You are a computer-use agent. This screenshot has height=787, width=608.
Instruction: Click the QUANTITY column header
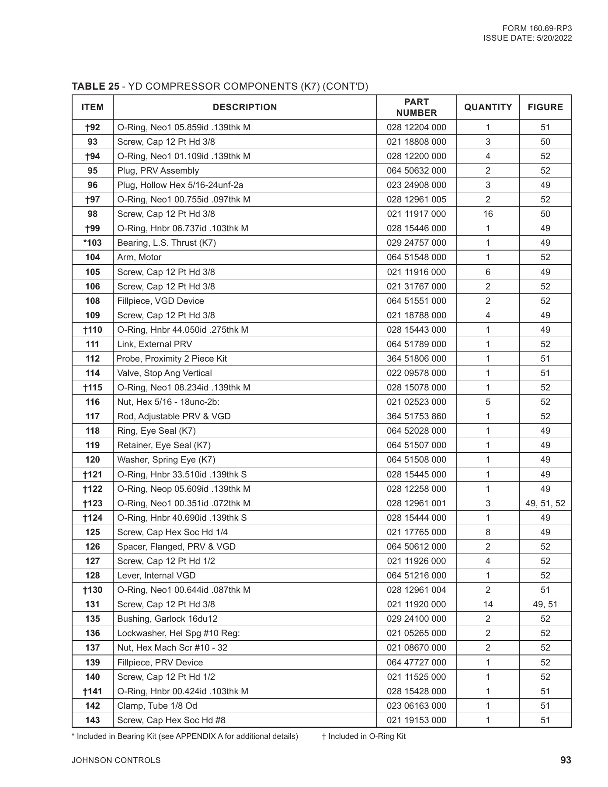coord(488,107)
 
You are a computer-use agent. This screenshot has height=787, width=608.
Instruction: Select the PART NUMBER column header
coord(416,107)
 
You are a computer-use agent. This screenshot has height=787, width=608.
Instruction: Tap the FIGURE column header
coord(545,107)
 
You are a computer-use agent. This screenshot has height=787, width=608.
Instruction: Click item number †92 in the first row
coord(93,127)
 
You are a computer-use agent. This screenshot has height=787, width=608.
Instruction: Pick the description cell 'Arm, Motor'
coord(139,257)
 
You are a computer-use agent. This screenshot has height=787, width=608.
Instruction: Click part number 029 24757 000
coord(416,243)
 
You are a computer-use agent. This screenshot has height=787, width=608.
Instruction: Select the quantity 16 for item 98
coord(488,214)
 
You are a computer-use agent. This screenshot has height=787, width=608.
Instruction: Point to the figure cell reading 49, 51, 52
coord(545,503)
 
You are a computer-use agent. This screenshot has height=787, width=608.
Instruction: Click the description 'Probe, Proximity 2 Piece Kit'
coord(171,359)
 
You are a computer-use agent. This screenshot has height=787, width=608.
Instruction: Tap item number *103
coord(93,243)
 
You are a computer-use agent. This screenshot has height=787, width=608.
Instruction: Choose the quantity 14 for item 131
coord(488,604)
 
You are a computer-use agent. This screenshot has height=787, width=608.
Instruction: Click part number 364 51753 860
coord(416,416)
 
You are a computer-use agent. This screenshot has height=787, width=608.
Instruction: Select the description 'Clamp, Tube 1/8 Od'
coord(157,706)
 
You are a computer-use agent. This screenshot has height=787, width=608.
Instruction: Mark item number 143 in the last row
coord(93,720)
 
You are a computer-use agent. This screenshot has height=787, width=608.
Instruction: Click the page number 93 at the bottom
coord(566,760)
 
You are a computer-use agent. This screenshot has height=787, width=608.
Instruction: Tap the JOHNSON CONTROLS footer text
coord(116,760)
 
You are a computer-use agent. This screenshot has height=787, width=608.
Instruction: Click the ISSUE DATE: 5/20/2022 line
coord(527,38)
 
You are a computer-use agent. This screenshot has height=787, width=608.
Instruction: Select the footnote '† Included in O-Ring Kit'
coord(364,736)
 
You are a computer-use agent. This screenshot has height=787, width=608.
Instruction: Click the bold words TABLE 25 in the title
coord(95,86)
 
